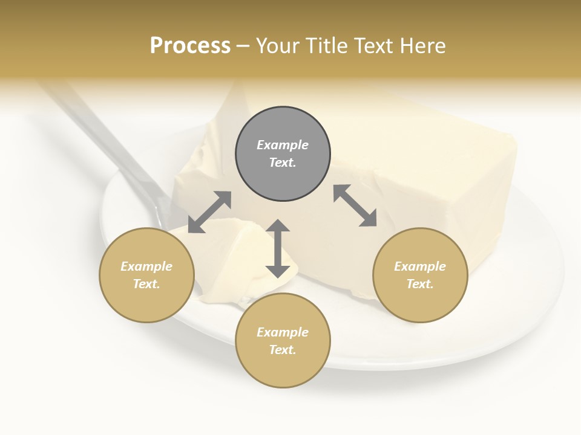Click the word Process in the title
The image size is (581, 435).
(190, 46)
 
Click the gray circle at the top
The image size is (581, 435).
(283, 153)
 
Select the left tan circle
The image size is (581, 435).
(146, 275)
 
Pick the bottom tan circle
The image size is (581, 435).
(283, 341)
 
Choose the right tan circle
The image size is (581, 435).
(420, 275)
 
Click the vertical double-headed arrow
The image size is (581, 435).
(278, 248)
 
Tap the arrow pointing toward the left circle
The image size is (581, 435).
(209, 212)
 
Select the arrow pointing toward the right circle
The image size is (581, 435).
(355, 205)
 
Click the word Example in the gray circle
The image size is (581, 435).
(283, 145)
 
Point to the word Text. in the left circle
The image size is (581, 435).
(146, 284)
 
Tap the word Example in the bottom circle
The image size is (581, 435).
(283, 332)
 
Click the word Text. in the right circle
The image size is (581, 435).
(420, 284)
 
